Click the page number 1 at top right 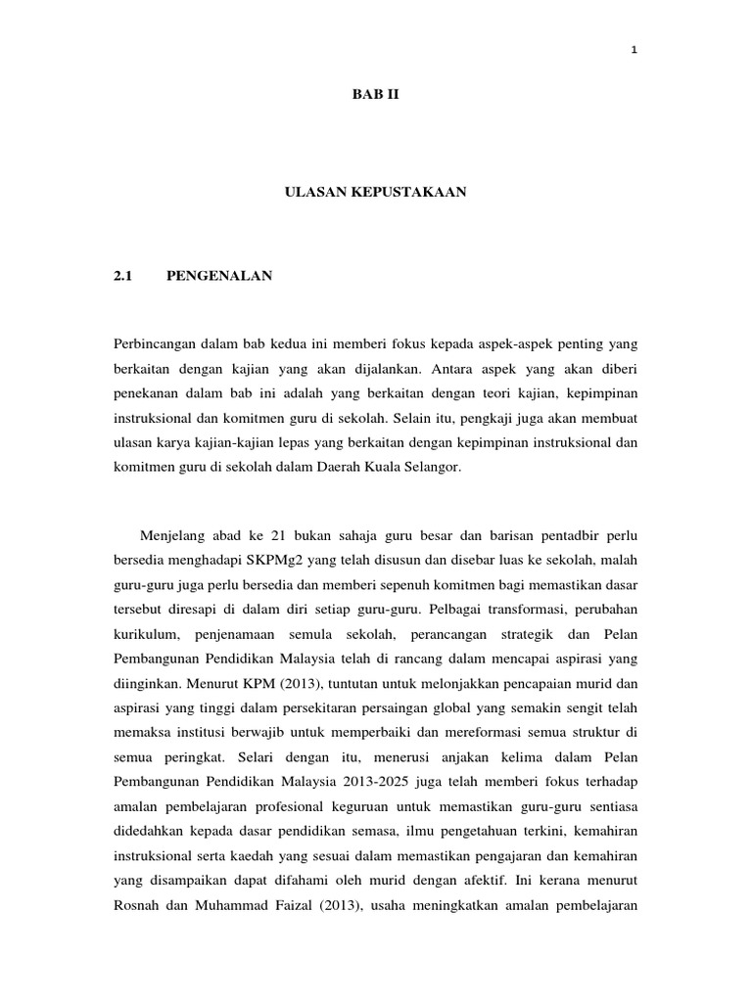(x=635, y=52)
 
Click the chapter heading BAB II (x=376, y=95)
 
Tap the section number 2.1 (x=122, y=277)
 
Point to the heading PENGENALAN (x=220, y=277)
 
